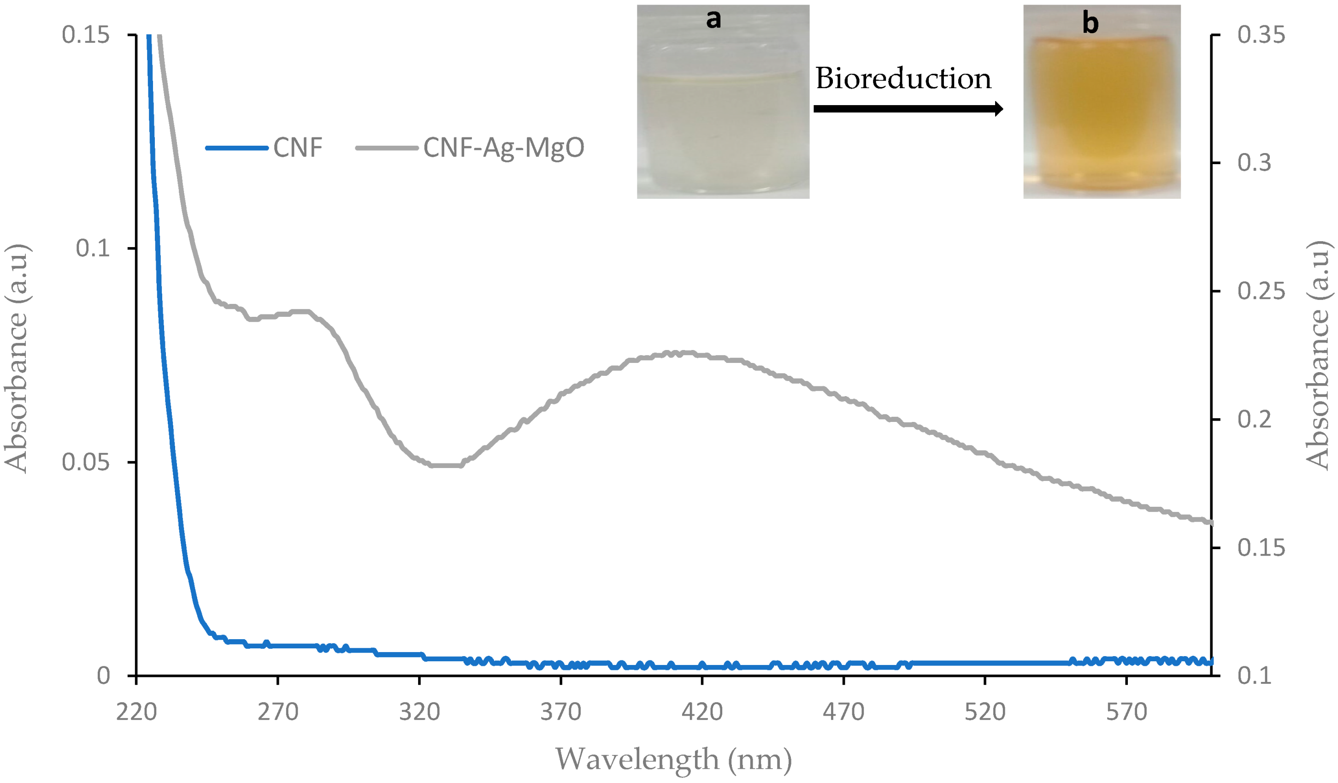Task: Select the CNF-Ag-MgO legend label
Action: [x=503, y=148]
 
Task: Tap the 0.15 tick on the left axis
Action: [x=85, y=35]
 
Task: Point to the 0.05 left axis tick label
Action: [x=85, y=462]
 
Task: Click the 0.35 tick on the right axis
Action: [x=1261, y=35]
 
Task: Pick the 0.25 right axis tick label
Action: [x=1261, y=291]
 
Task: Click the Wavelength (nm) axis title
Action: [x=673, y=759]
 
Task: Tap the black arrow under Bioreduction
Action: [x=908, y=109]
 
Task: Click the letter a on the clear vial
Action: [x=713, y=19]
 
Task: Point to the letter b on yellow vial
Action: [x=1090, y=24]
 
